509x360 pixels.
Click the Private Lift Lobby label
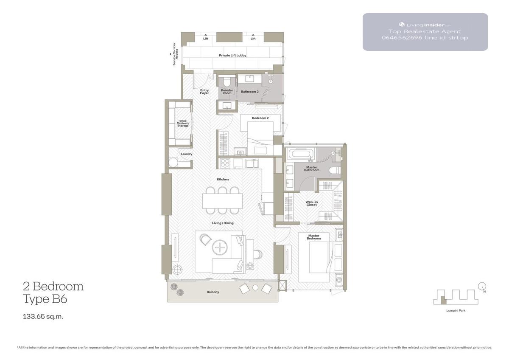tap(232, 55)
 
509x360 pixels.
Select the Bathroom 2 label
tap(249, 92)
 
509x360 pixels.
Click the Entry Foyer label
tap(204, 92)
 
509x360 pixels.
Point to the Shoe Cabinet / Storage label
tap(183, 123)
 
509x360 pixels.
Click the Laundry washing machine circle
tap(173, 163)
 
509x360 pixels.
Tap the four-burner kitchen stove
tap(225, 163)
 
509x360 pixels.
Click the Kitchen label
tap(223, 179)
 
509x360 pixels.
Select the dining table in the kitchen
tap(222, 200)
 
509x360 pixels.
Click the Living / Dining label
tap(223, 223)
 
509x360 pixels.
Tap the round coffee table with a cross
tap(220, 247)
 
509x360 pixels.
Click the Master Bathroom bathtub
tap(301, 154)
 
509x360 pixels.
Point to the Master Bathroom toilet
tap(335, 170)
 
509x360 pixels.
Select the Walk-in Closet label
tap(311, 203)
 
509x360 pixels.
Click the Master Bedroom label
tap(313, 237)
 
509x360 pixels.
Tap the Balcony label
tap(213, 292)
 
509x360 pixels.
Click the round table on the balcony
tap(255, 288)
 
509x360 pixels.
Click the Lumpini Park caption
tap(456, 310)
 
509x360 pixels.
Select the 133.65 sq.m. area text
tap(43, 316)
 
